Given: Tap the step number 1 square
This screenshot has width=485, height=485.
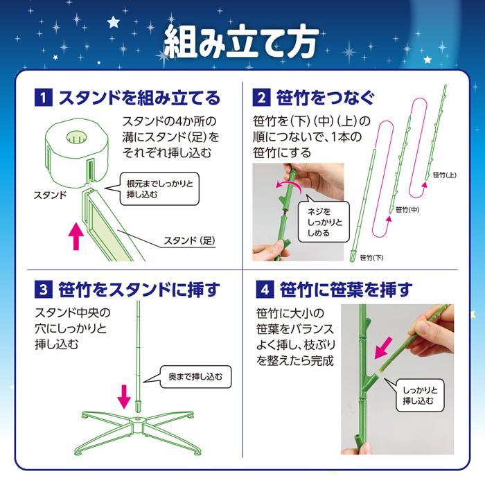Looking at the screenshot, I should (x=44, y=97).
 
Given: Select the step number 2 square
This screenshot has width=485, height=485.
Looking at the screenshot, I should (x=261, y=97).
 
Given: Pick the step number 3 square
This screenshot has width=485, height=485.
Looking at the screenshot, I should (x=44, y=288).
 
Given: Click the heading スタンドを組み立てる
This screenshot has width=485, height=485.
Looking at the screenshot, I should (x=139, y=97).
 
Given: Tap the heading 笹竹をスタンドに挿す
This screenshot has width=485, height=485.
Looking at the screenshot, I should (x=139, y=288).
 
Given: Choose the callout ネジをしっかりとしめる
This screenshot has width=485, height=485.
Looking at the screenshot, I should (x=318, y=221).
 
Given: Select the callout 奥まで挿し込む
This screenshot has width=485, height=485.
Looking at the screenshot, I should (x=197, y=376).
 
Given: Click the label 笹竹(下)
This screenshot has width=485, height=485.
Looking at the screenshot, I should (x=371, y=258).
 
